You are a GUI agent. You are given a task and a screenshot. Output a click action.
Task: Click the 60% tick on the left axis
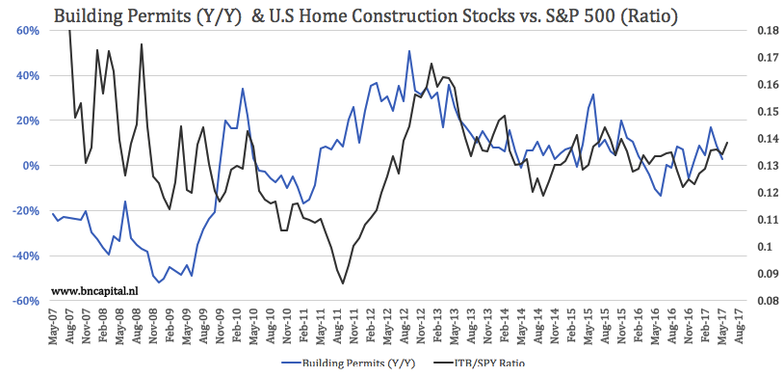pos(25,31)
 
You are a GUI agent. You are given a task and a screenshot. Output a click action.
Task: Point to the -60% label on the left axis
pos(23,301)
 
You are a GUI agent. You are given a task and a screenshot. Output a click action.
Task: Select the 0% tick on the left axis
pos(29,166)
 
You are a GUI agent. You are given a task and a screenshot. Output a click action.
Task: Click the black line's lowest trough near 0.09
pos(343,283)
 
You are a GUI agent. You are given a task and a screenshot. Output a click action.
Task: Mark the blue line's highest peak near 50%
pos(409,51)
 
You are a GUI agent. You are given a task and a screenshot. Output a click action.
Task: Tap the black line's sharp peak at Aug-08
pos(142,43)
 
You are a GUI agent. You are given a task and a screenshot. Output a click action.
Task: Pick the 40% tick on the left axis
pos(25,75)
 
